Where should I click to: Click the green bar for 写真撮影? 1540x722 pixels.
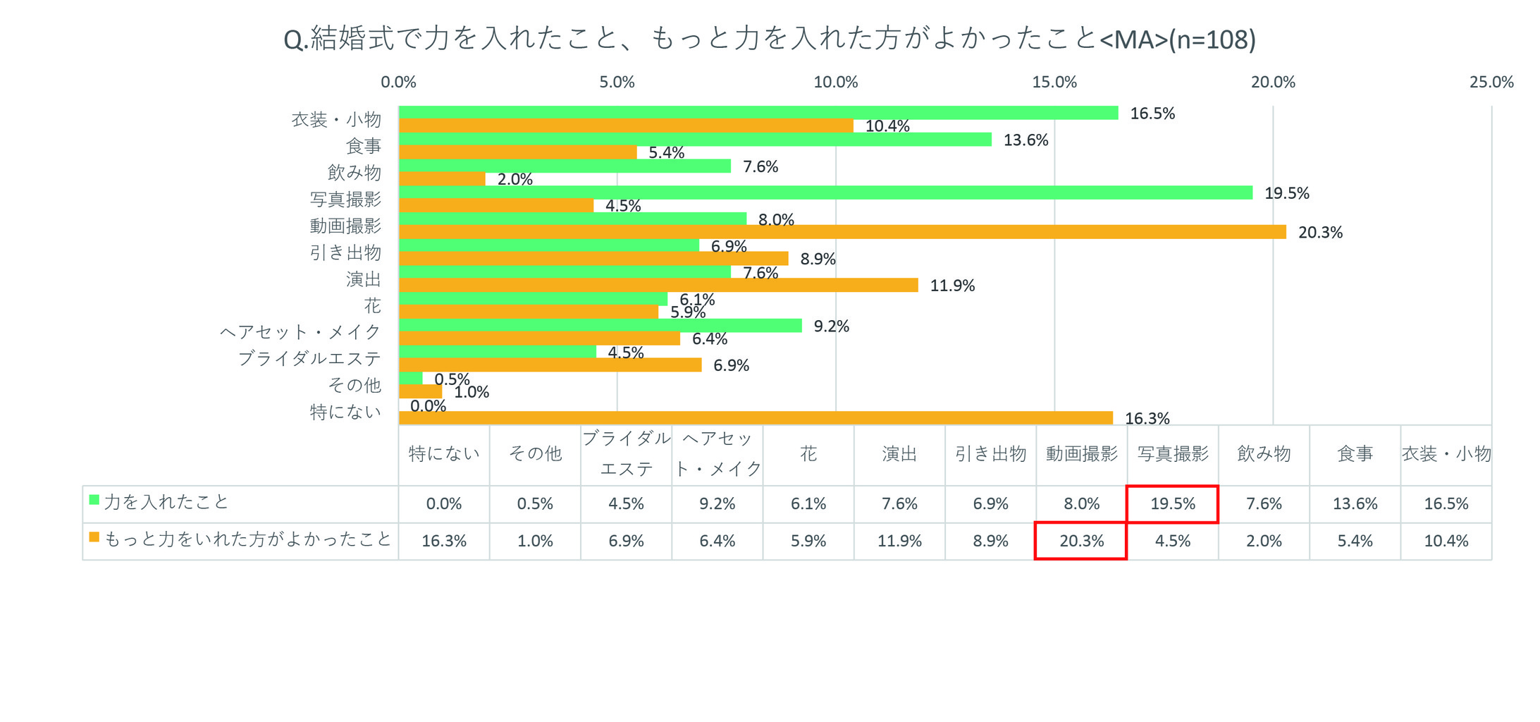pyautogui.click(x=825, y=192)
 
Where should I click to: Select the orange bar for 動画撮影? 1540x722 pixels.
pyautogui.click(x=842, y=232)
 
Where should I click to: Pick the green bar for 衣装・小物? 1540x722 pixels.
pyautogui.click(x=758, y=113)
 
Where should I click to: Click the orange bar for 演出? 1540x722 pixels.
pyautogui.click(x=658, y=285)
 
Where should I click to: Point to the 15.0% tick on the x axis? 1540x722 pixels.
pyautogui.click(x=1054, y=82)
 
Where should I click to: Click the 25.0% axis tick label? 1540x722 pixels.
pyautogui.click(x=1491, y=82)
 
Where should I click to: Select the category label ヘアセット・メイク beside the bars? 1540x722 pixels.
pyautogui.click(x=301, y=331)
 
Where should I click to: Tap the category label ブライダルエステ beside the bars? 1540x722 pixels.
pyautogui.click(x=309, y=358)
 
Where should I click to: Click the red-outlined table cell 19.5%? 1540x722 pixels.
pyautogui.click(x=1173, y=504)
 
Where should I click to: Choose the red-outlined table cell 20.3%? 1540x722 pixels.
pyautogui.click(x=1081, y=541)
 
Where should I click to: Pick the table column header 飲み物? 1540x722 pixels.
pyautogui.click(x=1264, y=454)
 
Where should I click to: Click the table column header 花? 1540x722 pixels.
pyautogui.click(x=808, y=454)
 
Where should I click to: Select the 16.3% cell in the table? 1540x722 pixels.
pyautogui.click(x=444, y=541)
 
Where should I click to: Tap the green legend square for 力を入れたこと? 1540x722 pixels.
pyautogui.click(x=94, y=501)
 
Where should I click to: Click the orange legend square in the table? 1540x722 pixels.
pyautogui.click(x=94, y=537)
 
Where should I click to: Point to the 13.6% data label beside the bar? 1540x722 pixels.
pyautogui.click(x=1025, y=140)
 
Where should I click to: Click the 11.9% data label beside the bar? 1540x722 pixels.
pyautogui.click(x=952, y=286)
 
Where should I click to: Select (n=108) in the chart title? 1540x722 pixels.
pyautogui.click(x=1212, y=39)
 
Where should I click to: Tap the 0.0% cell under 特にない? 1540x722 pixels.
pyautogui.click(x=444, y=504)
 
